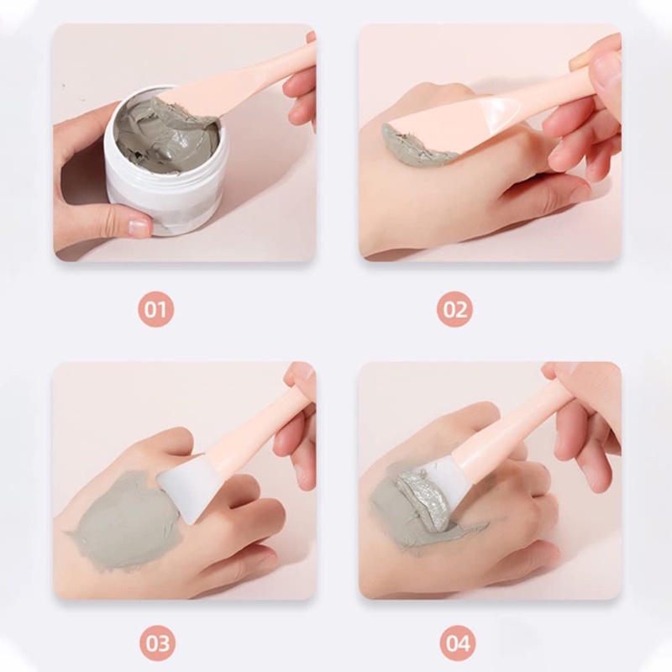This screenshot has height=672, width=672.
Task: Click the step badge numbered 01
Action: tap(155, 309)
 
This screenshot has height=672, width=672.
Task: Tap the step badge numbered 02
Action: tap(454, 309)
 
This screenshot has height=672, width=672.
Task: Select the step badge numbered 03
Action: tap(157, 643)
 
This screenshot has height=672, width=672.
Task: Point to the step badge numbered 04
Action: tap(458, 643)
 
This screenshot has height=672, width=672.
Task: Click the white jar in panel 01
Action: tap(164, 163)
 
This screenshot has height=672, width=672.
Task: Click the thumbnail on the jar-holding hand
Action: tap(139, 225)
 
